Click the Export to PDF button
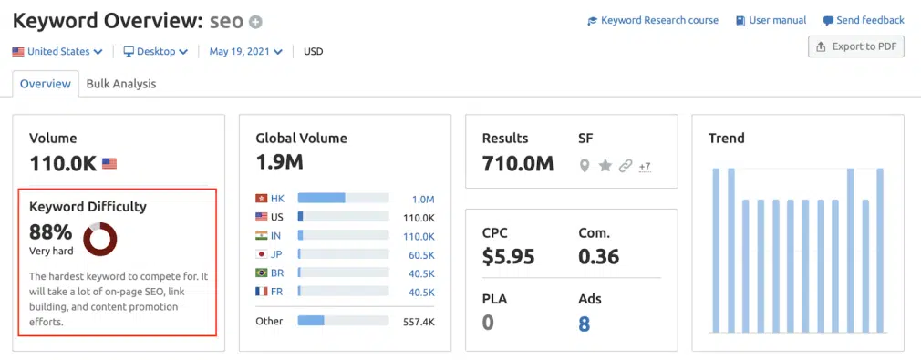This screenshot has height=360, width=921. [856, 46]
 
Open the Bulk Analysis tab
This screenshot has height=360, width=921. [121, 84]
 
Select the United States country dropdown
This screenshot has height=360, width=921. [57, 52]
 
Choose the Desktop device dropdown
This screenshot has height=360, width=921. [156, 52]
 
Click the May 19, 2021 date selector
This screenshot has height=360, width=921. [245, 52]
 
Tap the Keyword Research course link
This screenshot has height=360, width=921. [653, 20]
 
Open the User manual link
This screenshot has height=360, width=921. [771, 20]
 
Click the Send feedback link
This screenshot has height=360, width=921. [864, 20]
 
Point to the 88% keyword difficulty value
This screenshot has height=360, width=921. [51, 231]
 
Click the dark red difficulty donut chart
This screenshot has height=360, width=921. [99, 239]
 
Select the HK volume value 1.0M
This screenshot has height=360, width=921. [423, 199]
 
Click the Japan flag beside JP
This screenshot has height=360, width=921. [262, 255]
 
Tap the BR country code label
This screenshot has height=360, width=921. [278, 274]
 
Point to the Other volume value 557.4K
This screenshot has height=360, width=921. [419, 322]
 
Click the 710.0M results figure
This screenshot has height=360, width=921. [518, 164]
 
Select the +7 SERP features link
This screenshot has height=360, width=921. [644, 166]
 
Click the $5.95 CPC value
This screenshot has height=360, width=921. [509, 257]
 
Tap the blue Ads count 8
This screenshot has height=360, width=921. [585, 324]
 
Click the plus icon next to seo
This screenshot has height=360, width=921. [255, 22]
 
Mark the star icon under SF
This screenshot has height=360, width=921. [605, 166]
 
